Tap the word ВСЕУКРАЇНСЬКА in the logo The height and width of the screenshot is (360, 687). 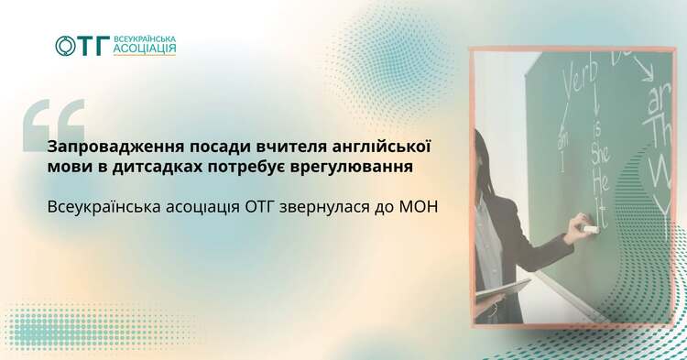[x=145, y=39]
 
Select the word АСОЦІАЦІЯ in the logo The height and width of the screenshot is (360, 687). [x=145, y=49]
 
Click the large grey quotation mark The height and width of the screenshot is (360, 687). [x=54, y=125]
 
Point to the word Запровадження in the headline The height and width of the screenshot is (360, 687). [x=115, y=147]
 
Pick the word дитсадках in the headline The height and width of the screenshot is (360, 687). [x=159, y=168]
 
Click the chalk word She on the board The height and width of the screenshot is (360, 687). [x=599, y=156]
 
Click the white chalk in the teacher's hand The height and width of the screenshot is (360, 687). [x=590, y=229]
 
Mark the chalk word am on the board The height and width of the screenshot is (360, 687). [x=563, y=137]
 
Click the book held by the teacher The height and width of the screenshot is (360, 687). [x=503, y=292]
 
